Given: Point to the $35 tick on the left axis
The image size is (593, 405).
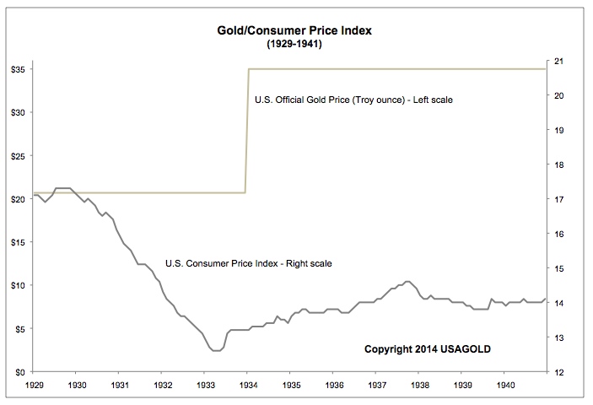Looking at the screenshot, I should pyautogui.click(x=19, y=68).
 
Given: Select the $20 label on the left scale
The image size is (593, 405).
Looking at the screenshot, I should pyautogui.click(x=19, y=199).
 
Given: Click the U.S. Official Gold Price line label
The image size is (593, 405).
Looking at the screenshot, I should pyautogui.click(x=353, y=100).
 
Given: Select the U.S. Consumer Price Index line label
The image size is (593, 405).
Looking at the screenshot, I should pyautogui.click(x=250, y=263).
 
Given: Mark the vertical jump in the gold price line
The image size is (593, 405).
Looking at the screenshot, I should pyautogui.click(x=247, y=131).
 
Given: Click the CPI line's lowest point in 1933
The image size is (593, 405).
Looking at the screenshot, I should pyautogui.click(x=215, y=350).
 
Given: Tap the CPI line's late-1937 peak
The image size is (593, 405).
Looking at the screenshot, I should pyautogui.click(x=407, y=282).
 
